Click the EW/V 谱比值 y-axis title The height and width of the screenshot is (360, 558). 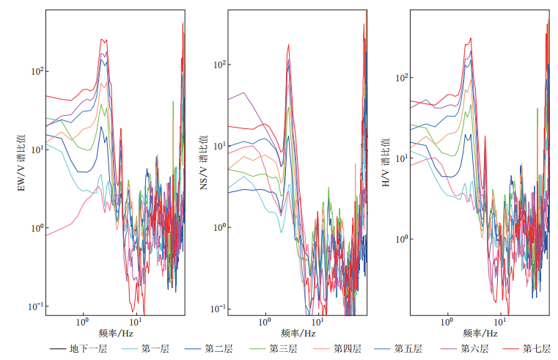(x=21, y=164)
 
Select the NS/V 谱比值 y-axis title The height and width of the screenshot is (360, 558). (x=204, y=164)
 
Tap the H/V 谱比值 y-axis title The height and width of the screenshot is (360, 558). (x=386, y=164)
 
